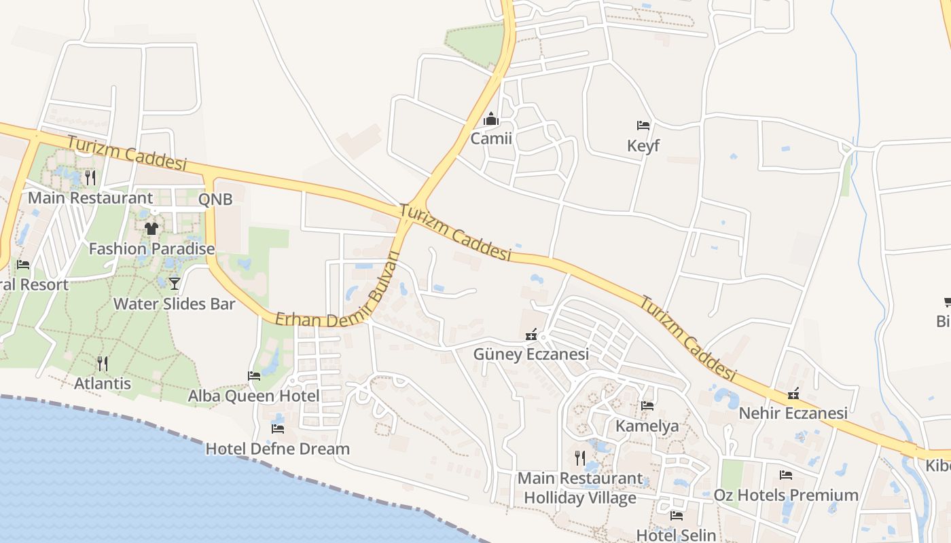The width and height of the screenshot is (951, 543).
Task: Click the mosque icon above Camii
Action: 491,120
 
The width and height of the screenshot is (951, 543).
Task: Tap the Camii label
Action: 491,139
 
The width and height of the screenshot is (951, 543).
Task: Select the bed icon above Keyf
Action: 643,126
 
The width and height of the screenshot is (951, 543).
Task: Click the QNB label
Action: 215,199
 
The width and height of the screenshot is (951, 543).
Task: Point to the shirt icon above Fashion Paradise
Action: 151,229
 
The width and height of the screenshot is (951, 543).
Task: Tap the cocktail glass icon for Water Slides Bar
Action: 175,283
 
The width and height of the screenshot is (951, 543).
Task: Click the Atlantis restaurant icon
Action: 103,364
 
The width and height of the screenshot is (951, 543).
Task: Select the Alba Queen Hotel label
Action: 253,396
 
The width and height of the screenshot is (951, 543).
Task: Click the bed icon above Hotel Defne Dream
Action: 278,428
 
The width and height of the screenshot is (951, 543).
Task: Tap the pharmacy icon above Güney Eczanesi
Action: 532,335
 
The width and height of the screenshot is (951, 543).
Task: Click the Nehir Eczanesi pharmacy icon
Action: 793,394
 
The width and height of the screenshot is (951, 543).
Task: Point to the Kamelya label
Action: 647,426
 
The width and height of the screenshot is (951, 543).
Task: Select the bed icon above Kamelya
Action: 647,406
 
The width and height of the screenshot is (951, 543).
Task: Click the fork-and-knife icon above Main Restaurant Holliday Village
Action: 580,458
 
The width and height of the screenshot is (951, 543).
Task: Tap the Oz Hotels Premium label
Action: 786,495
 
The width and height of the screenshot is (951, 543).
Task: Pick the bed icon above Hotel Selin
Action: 676,516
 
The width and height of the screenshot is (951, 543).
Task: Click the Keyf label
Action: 643,146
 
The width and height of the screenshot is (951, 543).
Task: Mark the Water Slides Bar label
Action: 174,303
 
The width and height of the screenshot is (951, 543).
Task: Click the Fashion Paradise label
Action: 151,249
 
